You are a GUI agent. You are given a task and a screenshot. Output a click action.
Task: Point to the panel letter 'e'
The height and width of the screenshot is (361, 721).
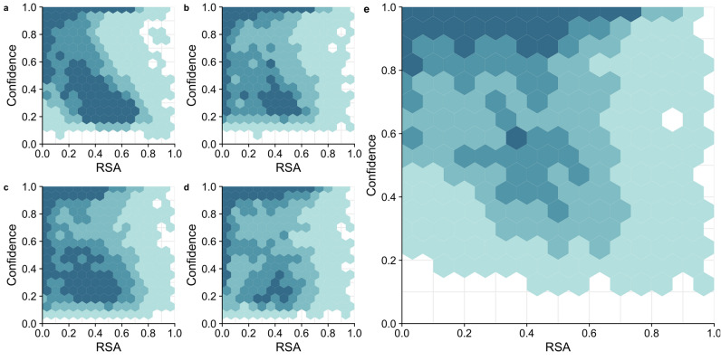pos(366,9)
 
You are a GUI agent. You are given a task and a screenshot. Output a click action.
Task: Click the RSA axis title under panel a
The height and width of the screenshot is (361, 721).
pos(109,168)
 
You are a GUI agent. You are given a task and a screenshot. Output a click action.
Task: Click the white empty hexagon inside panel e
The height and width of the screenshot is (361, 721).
pos(671,119)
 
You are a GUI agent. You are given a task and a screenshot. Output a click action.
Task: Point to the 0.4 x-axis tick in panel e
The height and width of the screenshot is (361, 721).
pos(526,333)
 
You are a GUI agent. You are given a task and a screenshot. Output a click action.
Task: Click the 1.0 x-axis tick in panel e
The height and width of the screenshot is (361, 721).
pos(712,333)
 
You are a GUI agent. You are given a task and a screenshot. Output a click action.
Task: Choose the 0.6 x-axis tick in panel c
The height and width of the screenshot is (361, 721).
pos(122,333)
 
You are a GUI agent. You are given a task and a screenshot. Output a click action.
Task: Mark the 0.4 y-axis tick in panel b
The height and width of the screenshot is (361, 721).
pos(211,89)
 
